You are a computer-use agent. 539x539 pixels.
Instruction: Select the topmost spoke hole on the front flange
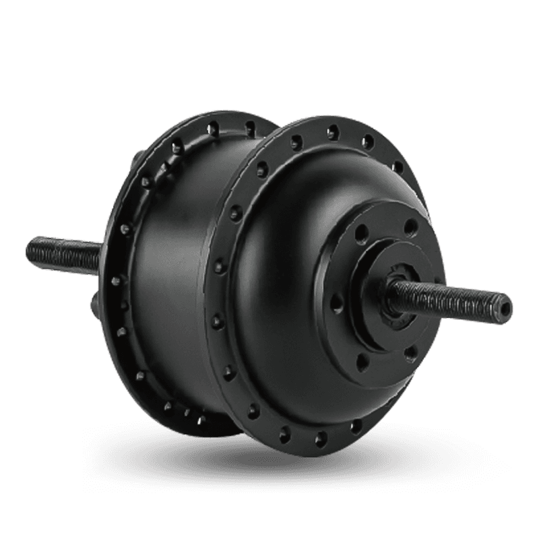331,131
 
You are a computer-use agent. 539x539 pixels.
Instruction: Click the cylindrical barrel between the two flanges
182,269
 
